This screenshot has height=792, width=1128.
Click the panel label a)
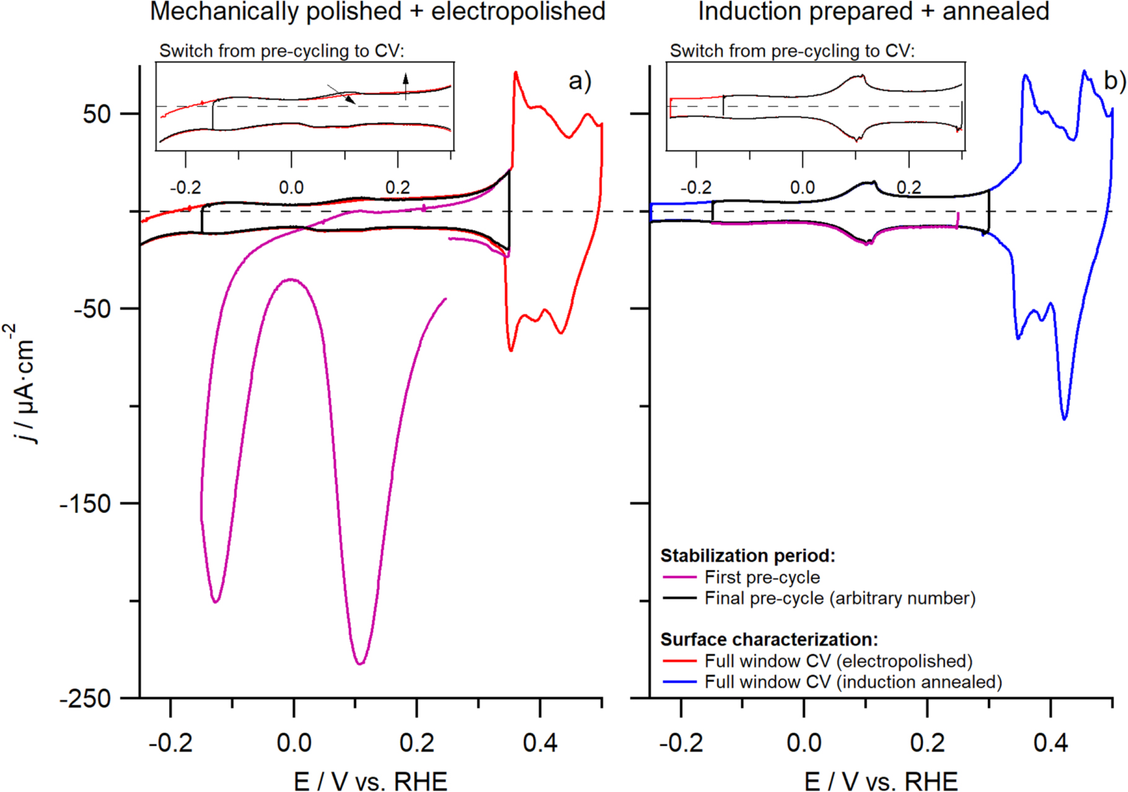click(579, 81)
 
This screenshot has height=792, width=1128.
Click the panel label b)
click(1114, 81)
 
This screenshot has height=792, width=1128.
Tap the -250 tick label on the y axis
click(85, 699)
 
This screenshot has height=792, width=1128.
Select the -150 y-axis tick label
click(85, 504)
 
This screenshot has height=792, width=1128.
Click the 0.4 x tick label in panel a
click(540, 742)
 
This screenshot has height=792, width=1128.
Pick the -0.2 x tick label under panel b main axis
click(681, 742)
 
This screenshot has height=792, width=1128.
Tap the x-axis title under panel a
click(371, 780)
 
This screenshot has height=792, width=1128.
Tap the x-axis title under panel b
click(881, 780)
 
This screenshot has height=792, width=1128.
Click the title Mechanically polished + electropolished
click(377, 12)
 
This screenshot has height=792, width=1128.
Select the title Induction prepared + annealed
click(873, 12)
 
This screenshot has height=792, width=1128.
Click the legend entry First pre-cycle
click(762, 577)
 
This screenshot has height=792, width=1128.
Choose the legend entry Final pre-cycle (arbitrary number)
click(840, 598)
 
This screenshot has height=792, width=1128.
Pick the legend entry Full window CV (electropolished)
click(838, 661)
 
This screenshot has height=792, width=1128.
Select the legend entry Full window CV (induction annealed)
click(853, 682)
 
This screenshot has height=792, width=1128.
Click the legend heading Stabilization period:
click(747, 556)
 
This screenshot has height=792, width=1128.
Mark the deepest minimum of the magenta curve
click(360, 664)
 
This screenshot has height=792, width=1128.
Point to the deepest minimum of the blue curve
click(1064, 419)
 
